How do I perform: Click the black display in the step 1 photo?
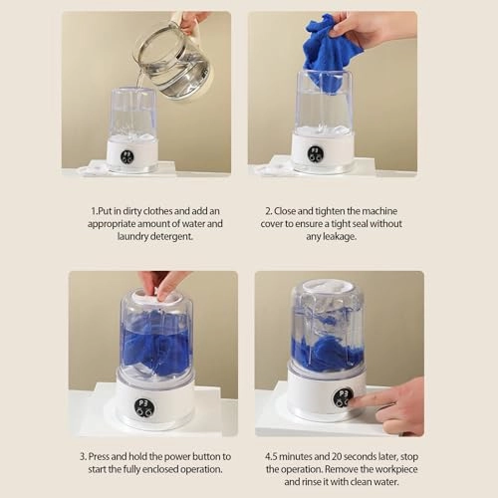127,157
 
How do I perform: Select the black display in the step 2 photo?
315,154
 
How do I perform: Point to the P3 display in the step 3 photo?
143,407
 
